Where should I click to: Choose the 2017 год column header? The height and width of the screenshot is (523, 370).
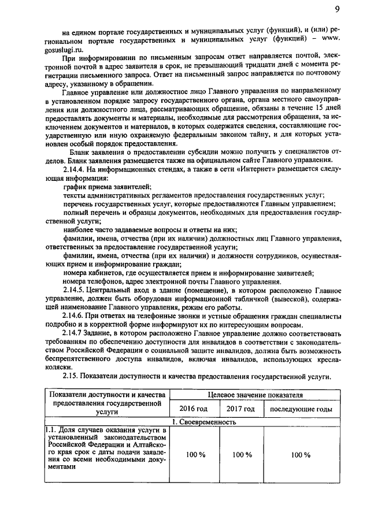point(240,409)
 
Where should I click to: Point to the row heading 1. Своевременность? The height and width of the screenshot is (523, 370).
point(206,422)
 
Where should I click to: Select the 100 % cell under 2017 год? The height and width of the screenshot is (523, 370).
point(240,455)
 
